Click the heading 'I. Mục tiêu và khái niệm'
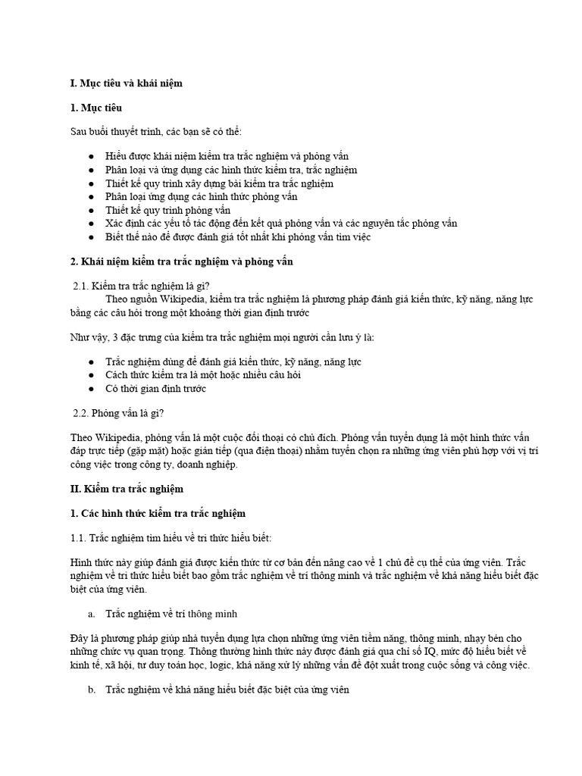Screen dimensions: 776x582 point(127,82)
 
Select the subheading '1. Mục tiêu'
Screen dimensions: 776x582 point(96,108)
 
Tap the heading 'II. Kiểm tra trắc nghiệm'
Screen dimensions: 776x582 point(127,489)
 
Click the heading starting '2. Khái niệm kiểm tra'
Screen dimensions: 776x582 point(181,261)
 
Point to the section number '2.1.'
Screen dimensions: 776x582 point(80,286)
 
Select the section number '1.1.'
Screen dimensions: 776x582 point(79,537)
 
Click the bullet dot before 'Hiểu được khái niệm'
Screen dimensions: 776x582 point(91,156)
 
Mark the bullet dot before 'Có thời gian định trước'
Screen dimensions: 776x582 point(91,389)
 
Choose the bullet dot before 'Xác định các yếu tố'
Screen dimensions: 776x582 point(91,224)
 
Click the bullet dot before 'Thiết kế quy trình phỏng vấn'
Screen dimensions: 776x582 point(91,210)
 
